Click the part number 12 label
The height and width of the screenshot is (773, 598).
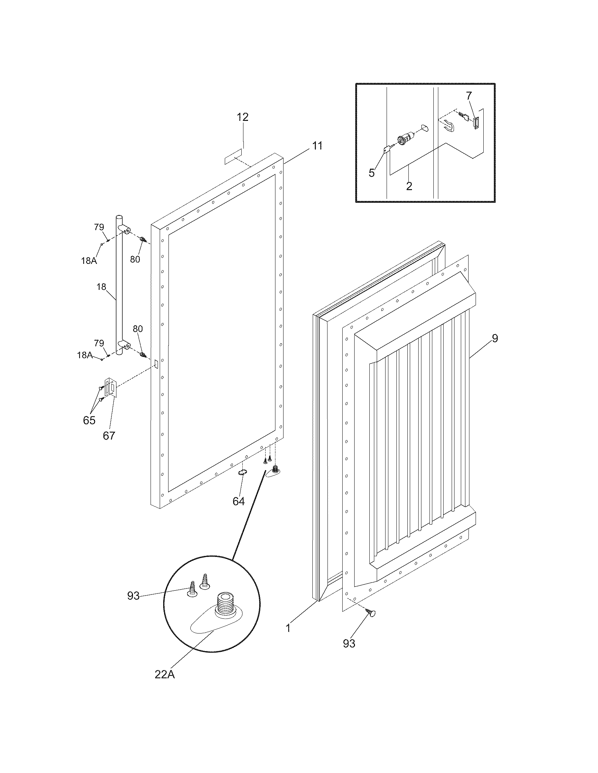tap(243, 117)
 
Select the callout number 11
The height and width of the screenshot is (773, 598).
tap(317, 145)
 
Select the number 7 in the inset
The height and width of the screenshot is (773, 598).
tap(469, 96)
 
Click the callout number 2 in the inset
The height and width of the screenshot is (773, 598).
tap(409, 186)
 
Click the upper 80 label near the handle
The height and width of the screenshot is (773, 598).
tap(135, 259)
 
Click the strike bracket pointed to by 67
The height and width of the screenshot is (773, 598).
tap(110, 388)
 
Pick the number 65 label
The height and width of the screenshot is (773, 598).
tap(89, 420)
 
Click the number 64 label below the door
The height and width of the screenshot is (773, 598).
tap(238, 501)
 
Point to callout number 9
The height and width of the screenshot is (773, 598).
tap(495, 338)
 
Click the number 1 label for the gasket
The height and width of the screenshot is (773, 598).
tap(288, 628)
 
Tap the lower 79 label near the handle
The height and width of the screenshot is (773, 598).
tap(99, 343)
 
